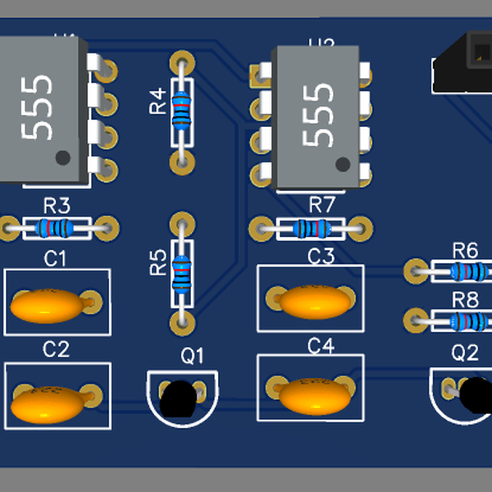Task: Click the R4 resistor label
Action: (x=157, y=102)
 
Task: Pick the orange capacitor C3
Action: (x=315, y=301)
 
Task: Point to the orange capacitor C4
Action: (x=315, y=396)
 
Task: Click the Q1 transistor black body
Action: (x=179, y=399)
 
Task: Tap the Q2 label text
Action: (x=465, y=353)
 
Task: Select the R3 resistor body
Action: (x=57, y=227)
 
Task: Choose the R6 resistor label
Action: (x=465, y=250)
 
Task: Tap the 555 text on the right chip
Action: (x=318, y=114)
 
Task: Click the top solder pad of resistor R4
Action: (x=183, y=62)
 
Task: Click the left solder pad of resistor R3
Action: (x=10, y=227)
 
